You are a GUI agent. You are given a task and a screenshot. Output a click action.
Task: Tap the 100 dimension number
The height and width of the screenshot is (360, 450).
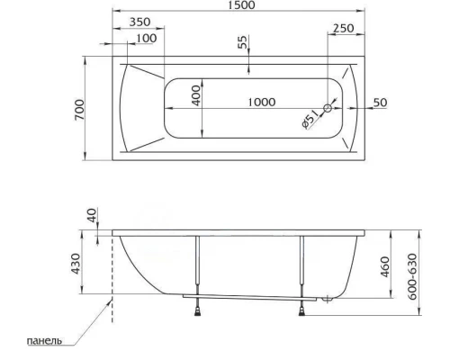(x=145, y=38)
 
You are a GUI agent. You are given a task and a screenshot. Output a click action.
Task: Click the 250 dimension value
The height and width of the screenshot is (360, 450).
(x=343, y=29)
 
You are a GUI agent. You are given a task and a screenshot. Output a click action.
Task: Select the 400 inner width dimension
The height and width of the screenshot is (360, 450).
(x=195, y=95)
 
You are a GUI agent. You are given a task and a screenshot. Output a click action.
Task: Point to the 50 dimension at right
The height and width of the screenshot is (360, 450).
(x=379, y=103)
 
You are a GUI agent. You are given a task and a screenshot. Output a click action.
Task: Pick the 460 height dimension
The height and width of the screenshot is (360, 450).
(x=385, y=267)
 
